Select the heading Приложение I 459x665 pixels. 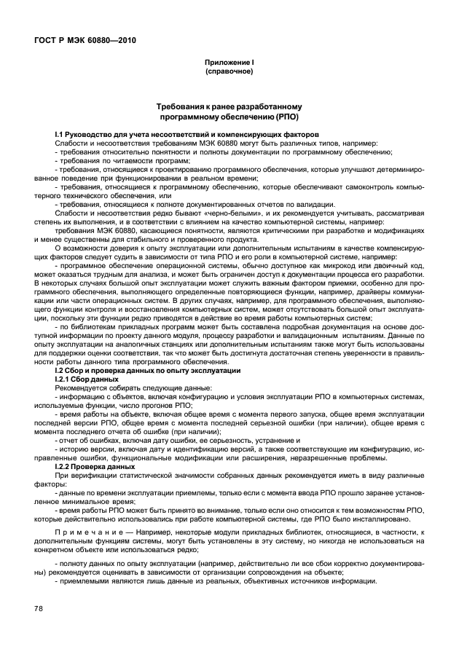[229, 64]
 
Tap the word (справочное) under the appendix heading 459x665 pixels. [229, 73]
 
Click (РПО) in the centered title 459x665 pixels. [282, 117]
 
